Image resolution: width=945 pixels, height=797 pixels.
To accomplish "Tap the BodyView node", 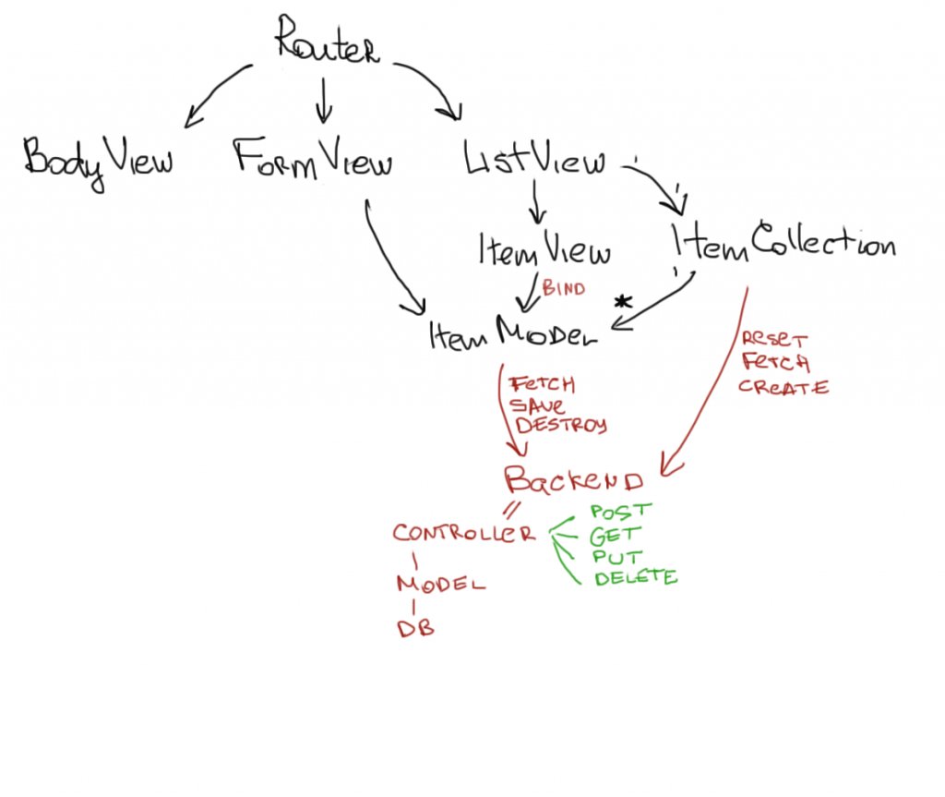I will [x=98, y=160].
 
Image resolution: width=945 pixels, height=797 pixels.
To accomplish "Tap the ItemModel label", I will [x=513, y=334].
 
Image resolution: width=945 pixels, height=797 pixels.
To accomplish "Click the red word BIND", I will [x=563, y=289].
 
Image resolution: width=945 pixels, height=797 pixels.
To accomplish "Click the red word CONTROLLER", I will [x=463, y=534].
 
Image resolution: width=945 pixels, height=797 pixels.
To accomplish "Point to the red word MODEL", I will [x=440, y=585].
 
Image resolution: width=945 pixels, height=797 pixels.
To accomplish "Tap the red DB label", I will [x=415, y=629].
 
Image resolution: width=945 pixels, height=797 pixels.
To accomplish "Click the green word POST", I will [x=621, y=511].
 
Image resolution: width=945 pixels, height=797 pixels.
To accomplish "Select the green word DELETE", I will [x=635, y=578].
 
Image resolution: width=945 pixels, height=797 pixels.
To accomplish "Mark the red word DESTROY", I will [x=561, y=426].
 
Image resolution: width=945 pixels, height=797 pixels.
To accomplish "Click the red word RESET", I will [x=773, y=342].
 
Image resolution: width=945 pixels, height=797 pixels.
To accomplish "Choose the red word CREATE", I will [x=783, y=388].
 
